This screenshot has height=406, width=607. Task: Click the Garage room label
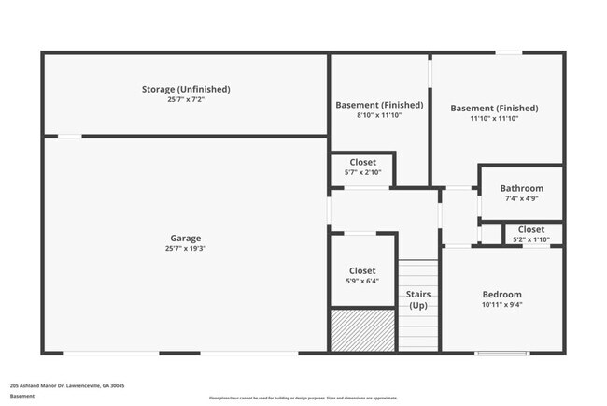[185, 238]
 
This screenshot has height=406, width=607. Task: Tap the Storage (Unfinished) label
[186, 89]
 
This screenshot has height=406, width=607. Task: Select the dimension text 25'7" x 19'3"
[185, 249]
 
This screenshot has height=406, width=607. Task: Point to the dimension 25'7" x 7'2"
[186, 99]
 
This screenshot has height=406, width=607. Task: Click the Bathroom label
[521, 188]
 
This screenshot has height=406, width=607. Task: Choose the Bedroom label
[501, 294]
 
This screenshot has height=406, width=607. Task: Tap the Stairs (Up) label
[418, 299]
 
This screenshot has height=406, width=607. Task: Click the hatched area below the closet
[362, 329]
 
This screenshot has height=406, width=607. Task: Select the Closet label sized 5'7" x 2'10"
[362, 162]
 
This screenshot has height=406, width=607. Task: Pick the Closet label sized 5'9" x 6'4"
[362, 270]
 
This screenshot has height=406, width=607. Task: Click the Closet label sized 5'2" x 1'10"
[531, 229]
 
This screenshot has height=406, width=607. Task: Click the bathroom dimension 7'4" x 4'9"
[521, 198]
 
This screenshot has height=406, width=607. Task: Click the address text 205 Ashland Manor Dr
[67, 384]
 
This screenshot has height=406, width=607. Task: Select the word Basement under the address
[22, 396]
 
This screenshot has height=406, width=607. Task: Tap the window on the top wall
[508, 52]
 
